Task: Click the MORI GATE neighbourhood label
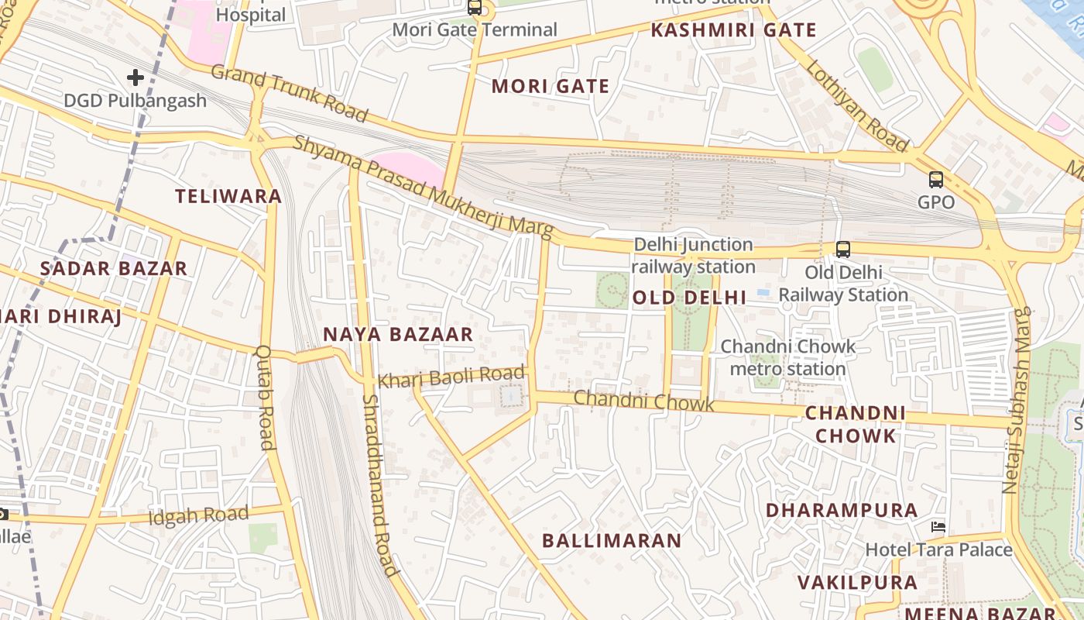pos(551,86)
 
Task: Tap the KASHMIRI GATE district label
pos(733,30)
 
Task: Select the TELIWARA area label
pos(228,196)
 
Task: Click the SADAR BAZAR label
pos(114,269)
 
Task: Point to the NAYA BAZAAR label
pos(398,334)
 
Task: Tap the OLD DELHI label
pos(689,298)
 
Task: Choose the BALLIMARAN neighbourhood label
pos(612,540)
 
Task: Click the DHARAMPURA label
pos(842,510)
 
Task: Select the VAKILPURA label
pos(857,582)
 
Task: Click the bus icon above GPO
pos(936,180)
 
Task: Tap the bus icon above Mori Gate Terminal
pos(475,8)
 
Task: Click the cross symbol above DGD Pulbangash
pos(135,77)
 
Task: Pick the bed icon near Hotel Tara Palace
pos(938,527)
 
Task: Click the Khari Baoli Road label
pos(451,377)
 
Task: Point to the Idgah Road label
pos(199,515)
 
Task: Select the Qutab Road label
pos(264,398)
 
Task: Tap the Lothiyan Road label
pos(857,105)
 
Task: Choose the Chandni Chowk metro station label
pos(788,357)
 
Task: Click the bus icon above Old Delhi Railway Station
pos(842,250)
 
